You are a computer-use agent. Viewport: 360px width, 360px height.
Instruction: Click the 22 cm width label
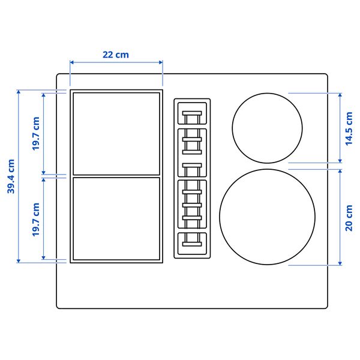pyautogui.click(x=116, y=55)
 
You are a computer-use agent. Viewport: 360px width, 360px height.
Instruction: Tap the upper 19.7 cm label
pyautogui.click(x=36, y=134)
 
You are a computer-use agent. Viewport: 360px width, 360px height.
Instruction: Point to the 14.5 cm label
pyautogui.click(x=349, y=128)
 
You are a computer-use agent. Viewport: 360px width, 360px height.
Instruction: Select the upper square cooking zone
pyautogui.click(x=116, y=133)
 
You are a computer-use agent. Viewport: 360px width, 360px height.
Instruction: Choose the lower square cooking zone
pyautogui.click(x=116, y=218)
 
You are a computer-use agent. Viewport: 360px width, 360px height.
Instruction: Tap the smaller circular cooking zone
pyautogui.click(x=267, y=127)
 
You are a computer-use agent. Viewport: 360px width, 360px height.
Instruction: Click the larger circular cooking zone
pyautogui.click(x=267, y=217)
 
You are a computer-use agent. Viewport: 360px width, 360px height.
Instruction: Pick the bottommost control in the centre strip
pyautogui.click(x=192, y=244)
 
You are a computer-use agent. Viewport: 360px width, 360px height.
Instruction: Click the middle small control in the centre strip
pyautogui.click(x=192, y=165)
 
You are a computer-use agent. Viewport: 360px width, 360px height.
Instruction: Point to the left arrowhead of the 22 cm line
pyautogui.click(x=71, y=62)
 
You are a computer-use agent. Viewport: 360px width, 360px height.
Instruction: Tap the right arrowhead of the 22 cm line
pyautogui.click(x=161, y=62)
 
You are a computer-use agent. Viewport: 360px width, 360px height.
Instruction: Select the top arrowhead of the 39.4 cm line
pyautogui.click(x=19, y=91)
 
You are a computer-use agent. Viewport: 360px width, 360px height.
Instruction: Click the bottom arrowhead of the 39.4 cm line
pyautogui.click(x=19, y=262)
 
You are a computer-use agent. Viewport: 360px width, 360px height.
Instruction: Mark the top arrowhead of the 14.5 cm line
pyautogui.click(x=340, y=94)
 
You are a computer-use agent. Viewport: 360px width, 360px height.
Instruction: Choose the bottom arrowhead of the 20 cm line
pyautogui.click(x=340, y=263)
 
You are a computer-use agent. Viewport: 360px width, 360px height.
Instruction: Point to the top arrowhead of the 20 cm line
pyautogui.click(x=340, y=171)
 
